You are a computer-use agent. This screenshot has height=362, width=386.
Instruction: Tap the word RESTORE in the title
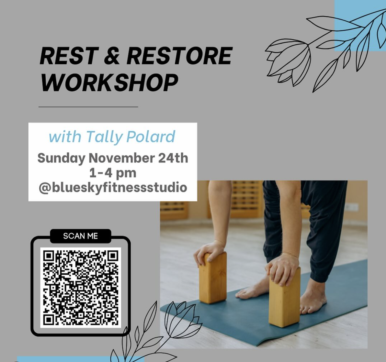(x=179, y=56)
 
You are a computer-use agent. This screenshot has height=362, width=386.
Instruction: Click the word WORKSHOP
(x=109, y=83)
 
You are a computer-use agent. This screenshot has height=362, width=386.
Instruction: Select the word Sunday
(x=61, y=158)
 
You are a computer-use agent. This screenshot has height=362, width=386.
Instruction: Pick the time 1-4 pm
(x=112, y=173)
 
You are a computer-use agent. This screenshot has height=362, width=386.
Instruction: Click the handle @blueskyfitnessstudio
(x=112, y=188)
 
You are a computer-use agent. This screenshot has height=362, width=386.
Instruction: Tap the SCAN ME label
(x=80, y=236)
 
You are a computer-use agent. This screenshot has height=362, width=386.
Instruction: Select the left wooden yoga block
(x=213, y=278)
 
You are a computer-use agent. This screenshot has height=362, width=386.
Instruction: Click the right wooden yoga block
(x=284, y=296)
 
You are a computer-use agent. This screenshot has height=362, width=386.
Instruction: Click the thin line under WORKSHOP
(x=88, y=106)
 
